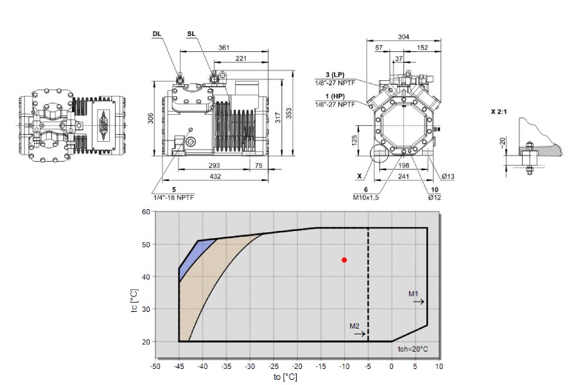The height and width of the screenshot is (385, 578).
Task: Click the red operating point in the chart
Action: point(344,260)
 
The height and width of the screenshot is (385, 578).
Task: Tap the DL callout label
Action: point(157,34)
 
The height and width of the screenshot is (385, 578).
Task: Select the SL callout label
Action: point(191,34)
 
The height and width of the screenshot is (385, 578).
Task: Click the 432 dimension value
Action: point(215,176)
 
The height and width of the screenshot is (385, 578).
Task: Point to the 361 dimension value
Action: point(223,47)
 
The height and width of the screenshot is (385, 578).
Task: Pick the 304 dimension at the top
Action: point(404,37)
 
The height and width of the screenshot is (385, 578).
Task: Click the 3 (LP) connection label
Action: point(335,75)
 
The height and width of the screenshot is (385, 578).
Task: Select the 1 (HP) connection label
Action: point(335,96)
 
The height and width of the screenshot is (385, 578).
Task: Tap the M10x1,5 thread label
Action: point(365,198)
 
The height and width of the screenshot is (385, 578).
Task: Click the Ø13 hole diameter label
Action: point(448,176)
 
